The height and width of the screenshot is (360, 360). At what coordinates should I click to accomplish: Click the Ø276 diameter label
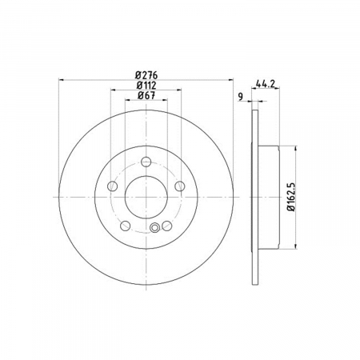(146, 75)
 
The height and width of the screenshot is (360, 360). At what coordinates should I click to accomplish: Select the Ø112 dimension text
(146, 86)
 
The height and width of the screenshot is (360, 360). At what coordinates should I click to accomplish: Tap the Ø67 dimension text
(146, 95)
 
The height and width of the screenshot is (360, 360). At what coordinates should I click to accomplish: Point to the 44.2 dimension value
(265, 84)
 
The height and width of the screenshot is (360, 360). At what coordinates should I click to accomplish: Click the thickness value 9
(241, 97)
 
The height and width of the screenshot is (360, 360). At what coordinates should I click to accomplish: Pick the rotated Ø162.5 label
(291, 197)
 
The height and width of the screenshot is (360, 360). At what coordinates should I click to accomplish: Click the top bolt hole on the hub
(146, 162)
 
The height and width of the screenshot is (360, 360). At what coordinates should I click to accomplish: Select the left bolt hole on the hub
(112, 186)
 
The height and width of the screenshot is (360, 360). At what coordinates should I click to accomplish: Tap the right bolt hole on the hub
(180, 186)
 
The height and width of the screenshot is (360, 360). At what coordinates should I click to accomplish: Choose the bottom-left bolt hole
(126, 226)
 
